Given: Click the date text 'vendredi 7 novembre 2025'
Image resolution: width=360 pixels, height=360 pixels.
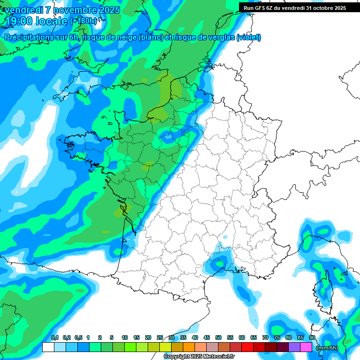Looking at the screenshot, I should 62,10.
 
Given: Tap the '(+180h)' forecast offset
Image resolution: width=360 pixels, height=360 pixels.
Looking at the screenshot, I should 83,21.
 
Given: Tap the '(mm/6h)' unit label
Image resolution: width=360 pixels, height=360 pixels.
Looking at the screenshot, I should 326,347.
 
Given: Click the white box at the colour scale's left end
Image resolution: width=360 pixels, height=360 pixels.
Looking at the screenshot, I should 48,347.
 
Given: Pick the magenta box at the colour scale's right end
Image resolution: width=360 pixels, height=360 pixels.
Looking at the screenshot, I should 306,347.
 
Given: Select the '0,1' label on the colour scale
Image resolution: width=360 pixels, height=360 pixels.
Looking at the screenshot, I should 54,338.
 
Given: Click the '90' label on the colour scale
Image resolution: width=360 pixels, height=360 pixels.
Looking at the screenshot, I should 312,338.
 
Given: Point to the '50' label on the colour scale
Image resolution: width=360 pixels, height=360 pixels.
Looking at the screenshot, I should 218,338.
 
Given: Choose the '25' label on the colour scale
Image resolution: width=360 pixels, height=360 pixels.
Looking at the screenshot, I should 160,338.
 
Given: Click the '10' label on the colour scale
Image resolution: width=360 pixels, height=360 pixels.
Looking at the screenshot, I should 125,338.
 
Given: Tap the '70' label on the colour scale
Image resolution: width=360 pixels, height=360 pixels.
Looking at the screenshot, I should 265,338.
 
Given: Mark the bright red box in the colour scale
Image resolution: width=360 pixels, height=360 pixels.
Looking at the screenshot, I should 247,347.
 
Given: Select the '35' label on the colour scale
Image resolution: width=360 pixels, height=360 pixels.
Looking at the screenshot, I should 183,338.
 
